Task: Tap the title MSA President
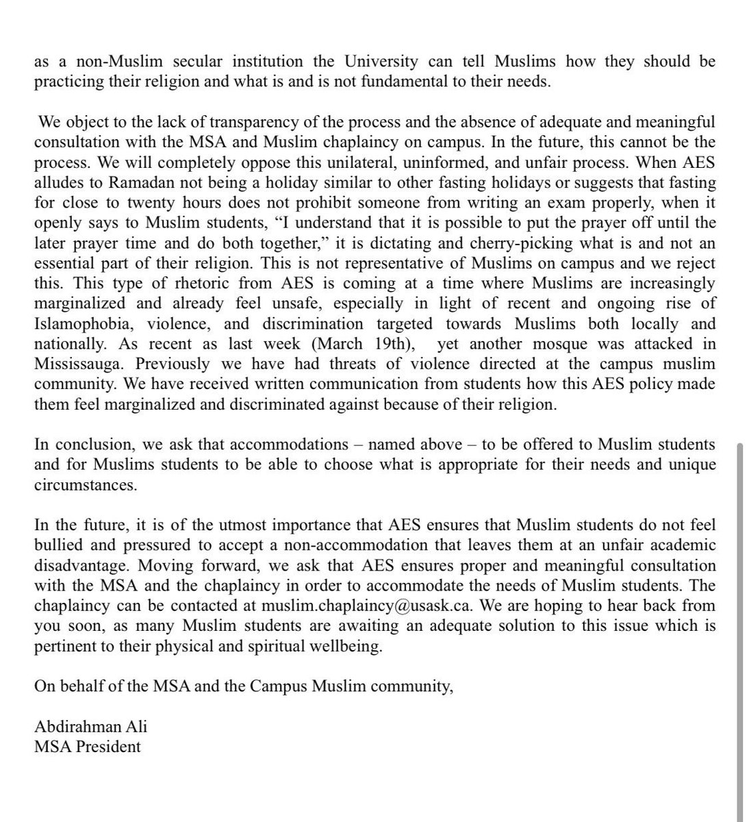click(88, 746)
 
